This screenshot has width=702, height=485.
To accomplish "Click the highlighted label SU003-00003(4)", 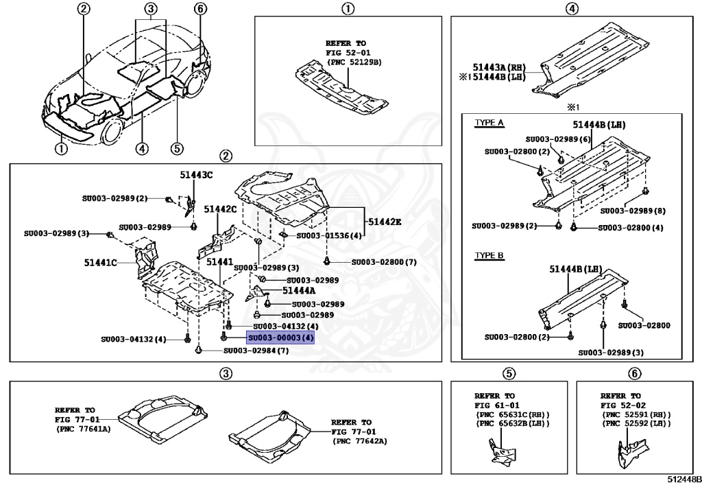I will pyautogui.click(x=280, y=338).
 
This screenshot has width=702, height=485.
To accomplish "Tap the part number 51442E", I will pyautogui.click(x=385, y=222).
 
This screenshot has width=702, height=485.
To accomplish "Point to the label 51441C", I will pyautogui.click(x=100, y=261).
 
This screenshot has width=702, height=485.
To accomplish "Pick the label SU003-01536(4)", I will pyautogui.click(x=328, y=236).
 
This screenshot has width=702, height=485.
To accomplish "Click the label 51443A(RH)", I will pyautogui.click(x=498, y=67).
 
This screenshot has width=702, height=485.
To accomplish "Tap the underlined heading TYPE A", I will pyautogui.click(x=489, y=123).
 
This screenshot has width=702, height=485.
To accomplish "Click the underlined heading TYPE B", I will pyautogui.click(x=489, y=255).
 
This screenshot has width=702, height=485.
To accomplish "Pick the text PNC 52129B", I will pyautogui.click(x=354, y=62).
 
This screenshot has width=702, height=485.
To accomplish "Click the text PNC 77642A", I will pyautogui.click(x=361, y=441).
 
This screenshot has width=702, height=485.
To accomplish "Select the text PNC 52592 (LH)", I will pyautogui.click(x=637, y=425).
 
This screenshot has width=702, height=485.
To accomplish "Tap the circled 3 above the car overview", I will pyautogui.click(x=151, y=10).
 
